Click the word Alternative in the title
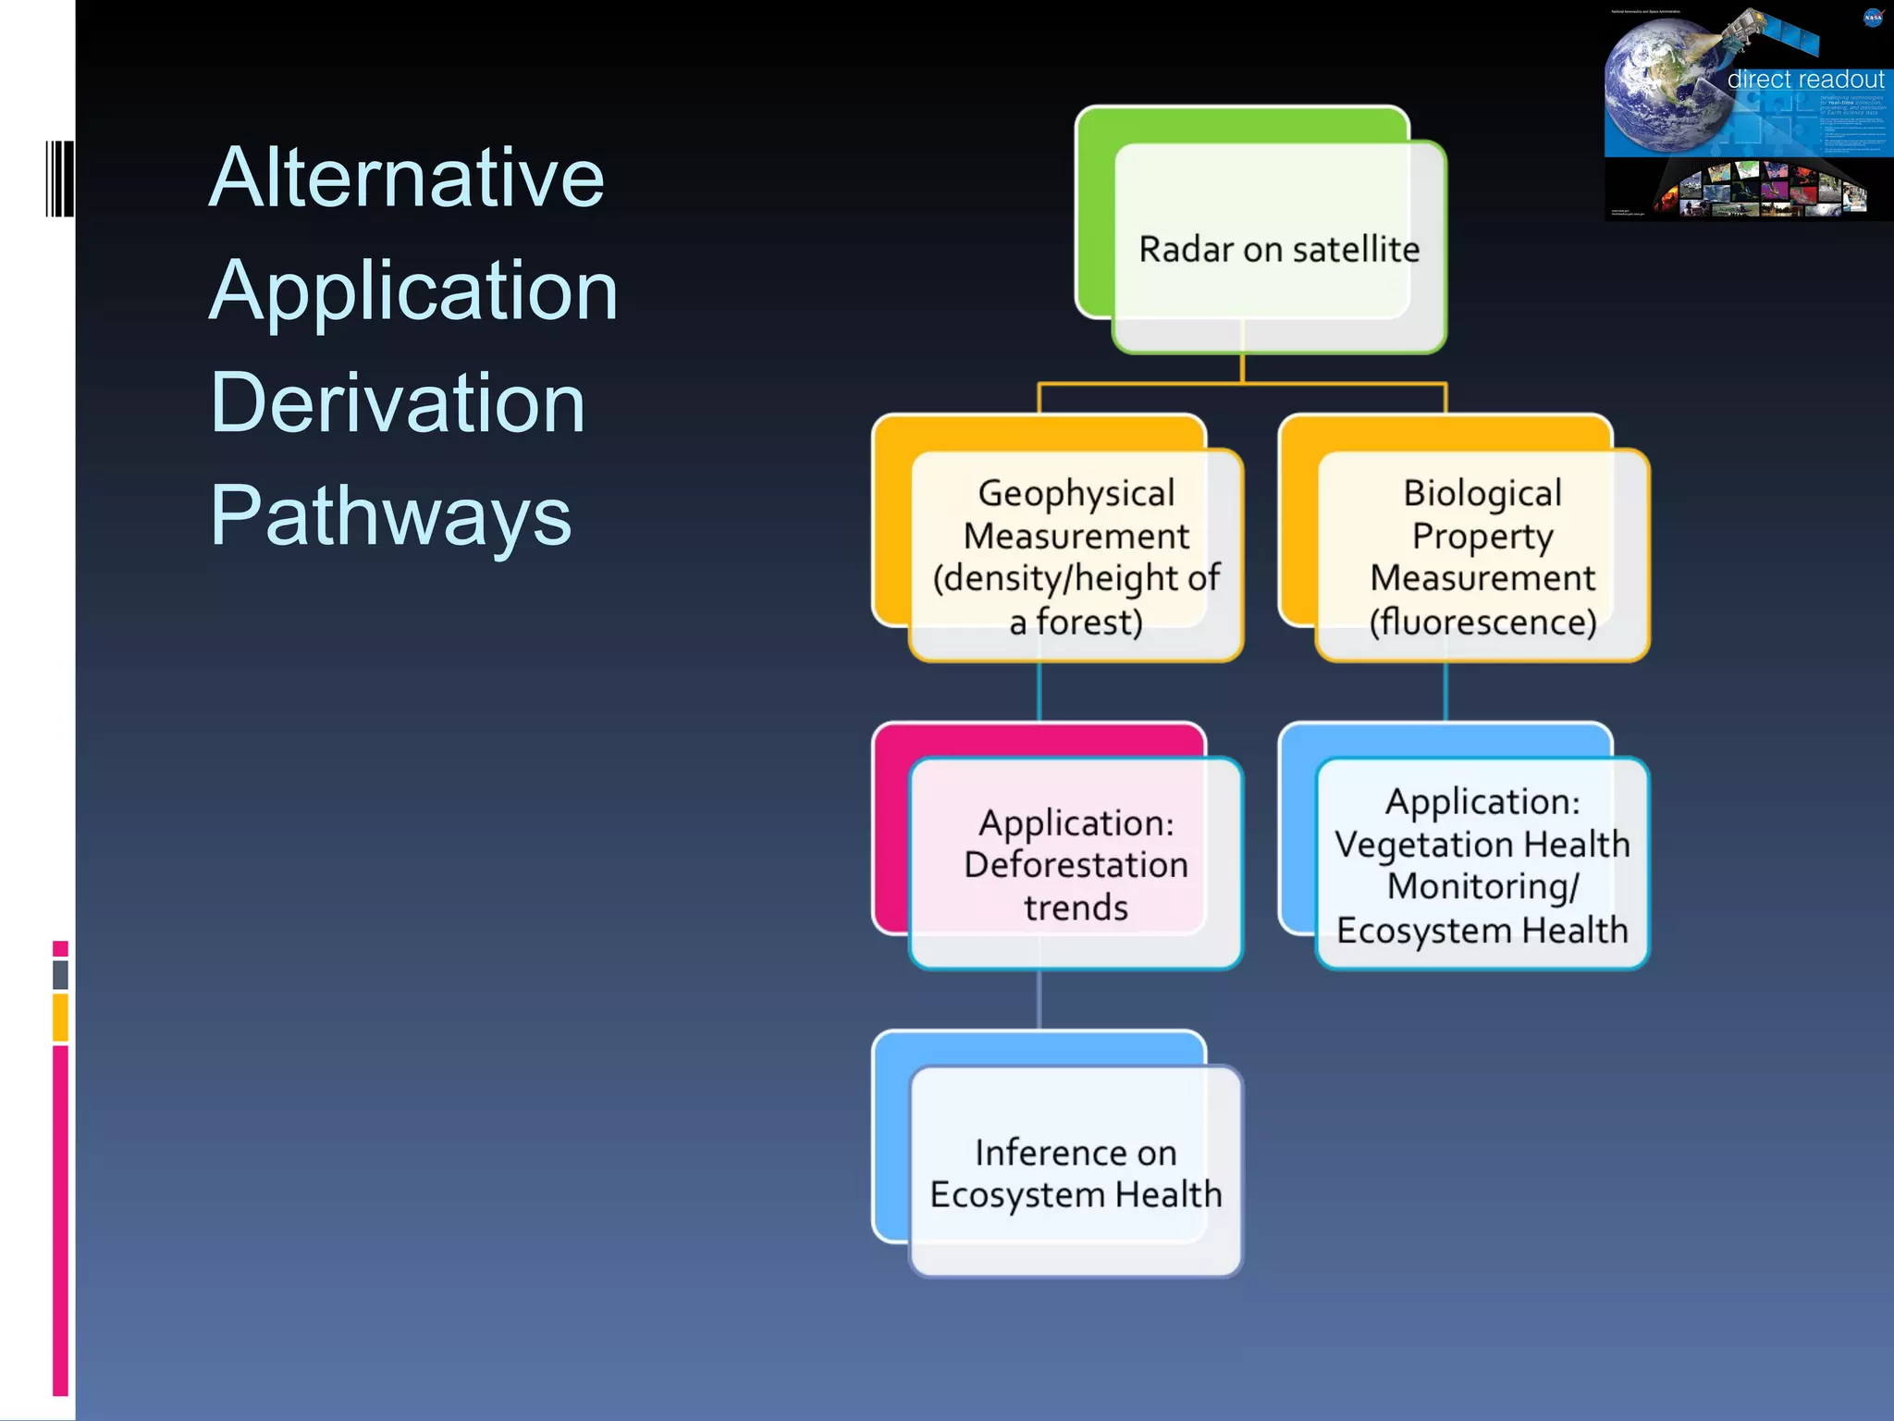click(x=407, y=178)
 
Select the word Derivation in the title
click(x=398, y=403)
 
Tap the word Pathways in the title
click(x=390, y=516)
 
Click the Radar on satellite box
click(x=1278, y=248)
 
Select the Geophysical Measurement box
click(x=1076, y=556)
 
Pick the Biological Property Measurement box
click(x=1482, y=556)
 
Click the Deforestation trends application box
click(x=1076, y=864)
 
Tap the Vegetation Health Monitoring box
click(x=1482, y=864)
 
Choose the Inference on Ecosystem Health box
click(x=1076, y=1172)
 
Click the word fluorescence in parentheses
click(x=1482, y=622)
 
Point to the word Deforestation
click(x=1076, y=865)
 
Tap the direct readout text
click(x=1804, y=80)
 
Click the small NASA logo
click(x=1873, y=17)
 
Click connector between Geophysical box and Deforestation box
click(x=1039, y=691)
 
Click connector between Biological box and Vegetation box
click(x=1445, y=691)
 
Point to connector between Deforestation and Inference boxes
click(x=1039, y=999)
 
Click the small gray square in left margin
click(x=60, y=974)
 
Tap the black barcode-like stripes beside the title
click(x=59, y=179)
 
